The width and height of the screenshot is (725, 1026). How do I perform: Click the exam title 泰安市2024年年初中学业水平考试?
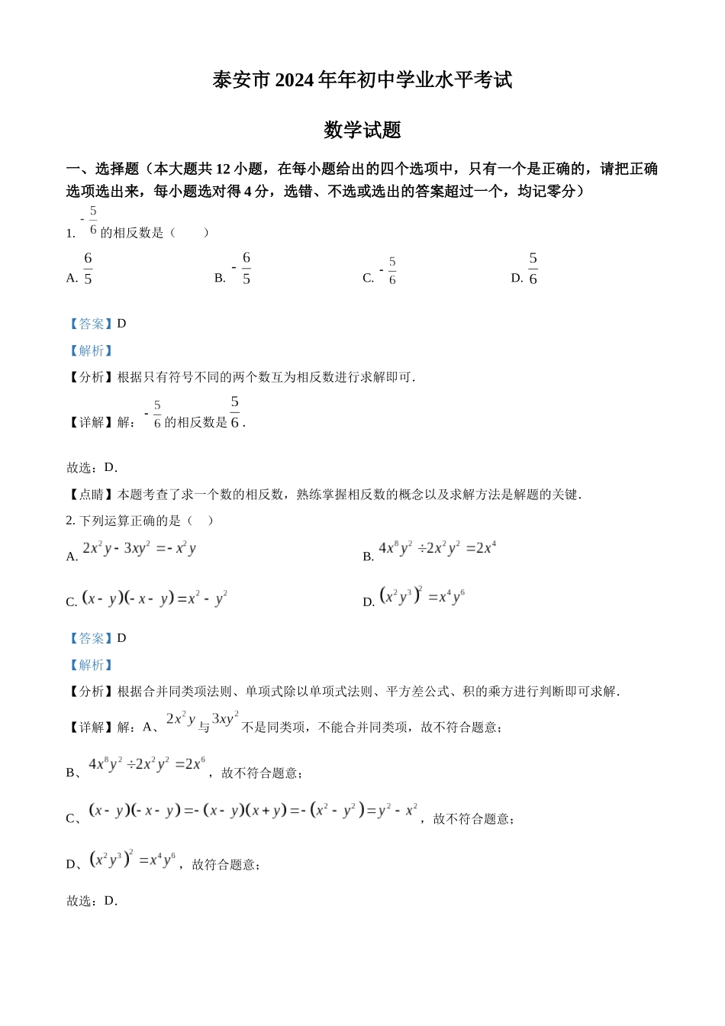click(362, 80)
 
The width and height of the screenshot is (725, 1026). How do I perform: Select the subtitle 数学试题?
click(362, 130)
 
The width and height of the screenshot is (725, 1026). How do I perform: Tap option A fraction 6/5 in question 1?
click(88, 269)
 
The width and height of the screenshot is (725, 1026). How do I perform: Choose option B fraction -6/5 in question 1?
click(243, 269)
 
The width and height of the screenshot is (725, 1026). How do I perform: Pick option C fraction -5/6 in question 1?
click(389, 271)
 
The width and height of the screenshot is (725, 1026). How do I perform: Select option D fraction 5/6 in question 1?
click(533, 269)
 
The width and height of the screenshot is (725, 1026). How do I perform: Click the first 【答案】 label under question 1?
click(91, 324)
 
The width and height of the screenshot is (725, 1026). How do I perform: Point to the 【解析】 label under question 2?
click(91, 665)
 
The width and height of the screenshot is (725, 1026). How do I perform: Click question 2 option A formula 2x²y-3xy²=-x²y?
click(139, 548)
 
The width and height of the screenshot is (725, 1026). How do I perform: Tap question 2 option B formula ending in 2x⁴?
click(437, 548)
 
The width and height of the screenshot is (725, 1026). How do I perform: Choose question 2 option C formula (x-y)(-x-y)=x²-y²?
click(154, 598)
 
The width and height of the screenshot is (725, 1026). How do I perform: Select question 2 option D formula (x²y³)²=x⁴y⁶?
click(422, 596)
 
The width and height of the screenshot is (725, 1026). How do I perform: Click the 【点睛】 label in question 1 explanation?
click(91, 495)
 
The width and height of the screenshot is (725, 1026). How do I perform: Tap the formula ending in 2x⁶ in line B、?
click(147, 764)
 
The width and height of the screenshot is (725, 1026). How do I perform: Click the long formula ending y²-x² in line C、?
click(253, 811)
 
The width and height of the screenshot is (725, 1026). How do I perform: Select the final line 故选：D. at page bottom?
click(92, 901)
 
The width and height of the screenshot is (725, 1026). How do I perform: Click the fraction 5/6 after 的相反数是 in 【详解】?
click(234, 412)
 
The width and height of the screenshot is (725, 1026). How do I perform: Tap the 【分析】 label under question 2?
click(91, 692)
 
